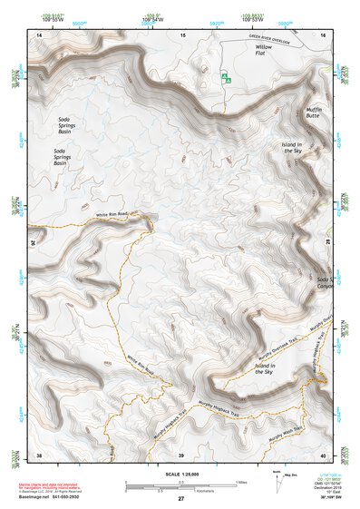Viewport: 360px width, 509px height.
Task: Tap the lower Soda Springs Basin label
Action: point(65,156)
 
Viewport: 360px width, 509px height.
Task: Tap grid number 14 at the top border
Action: point(40,34)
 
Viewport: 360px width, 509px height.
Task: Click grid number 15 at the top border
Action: point(182,34)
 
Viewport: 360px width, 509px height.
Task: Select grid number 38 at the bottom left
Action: point(40,454)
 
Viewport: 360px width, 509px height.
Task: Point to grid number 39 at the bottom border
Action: point(181,454)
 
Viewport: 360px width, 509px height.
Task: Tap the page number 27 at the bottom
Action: point(180,499)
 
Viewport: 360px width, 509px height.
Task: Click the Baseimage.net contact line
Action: point(56,495)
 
